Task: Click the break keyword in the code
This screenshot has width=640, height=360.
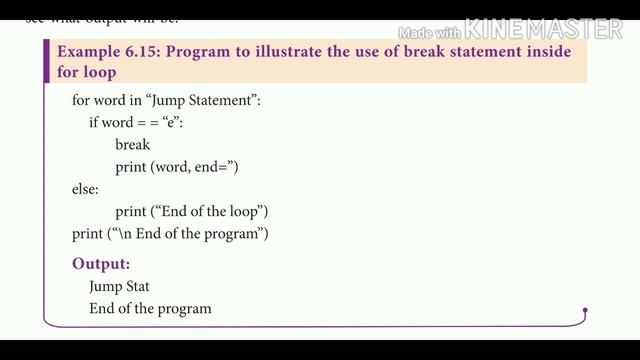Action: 132,144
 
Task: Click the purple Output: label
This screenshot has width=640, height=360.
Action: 101,264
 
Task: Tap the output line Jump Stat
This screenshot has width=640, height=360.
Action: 119,286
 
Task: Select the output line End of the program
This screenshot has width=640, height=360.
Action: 150,308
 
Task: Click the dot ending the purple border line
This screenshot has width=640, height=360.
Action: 585,311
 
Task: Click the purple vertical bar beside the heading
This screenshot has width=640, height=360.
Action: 46,62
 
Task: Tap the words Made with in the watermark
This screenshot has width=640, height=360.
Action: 430,32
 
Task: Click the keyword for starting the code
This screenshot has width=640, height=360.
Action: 80,100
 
